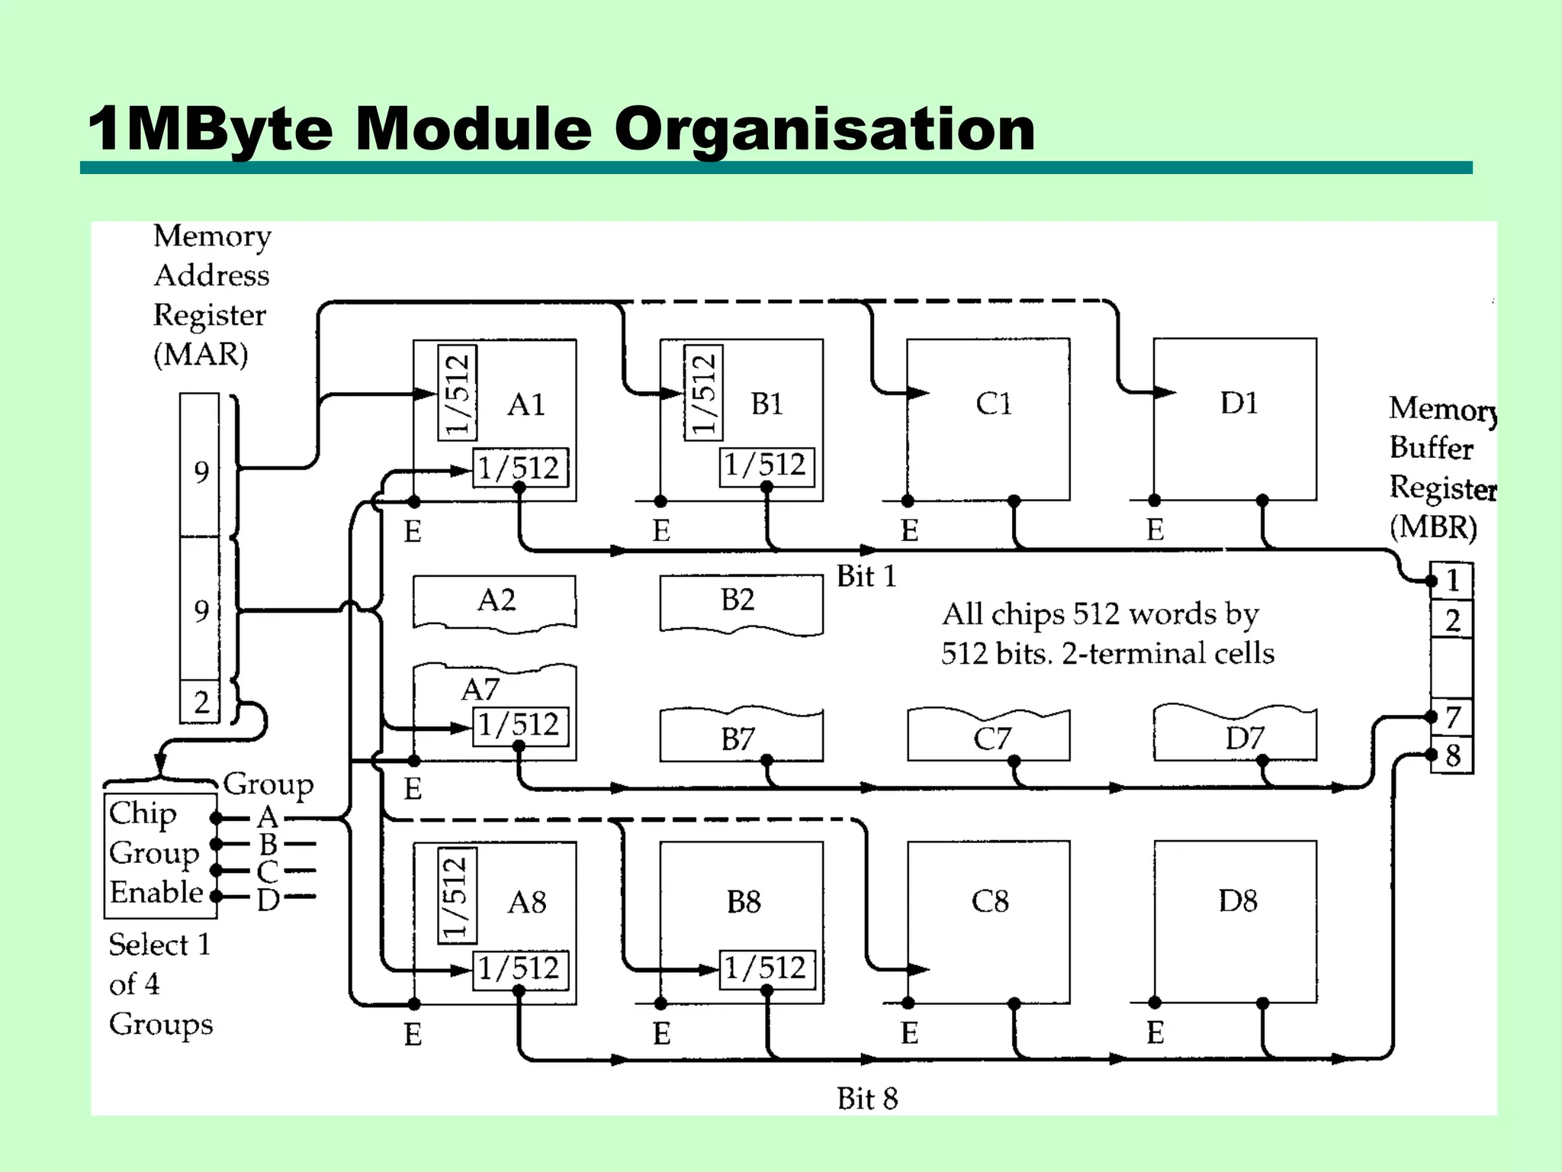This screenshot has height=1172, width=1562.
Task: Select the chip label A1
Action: point(526,404)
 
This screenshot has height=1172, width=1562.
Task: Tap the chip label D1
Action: point(1239,403)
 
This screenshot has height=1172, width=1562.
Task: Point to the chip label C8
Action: point(990,901)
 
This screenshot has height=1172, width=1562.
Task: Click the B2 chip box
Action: point(739,602)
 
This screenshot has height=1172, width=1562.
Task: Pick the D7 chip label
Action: point(1245,738)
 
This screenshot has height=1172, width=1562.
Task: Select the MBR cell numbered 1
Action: point(1453,581)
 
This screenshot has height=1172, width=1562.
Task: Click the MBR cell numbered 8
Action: point(1453,755)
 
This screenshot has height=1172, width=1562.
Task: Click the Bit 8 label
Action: point(867,1099)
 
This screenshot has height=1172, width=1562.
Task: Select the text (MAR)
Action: point(201,355)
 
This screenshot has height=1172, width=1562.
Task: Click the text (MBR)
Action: point(1432,527)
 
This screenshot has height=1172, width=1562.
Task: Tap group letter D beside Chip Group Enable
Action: point(268,900)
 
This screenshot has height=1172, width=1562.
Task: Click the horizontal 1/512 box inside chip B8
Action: point(766,968)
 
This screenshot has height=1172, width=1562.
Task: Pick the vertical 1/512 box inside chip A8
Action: point(456,895)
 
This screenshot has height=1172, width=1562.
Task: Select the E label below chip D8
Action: point(1155,1033)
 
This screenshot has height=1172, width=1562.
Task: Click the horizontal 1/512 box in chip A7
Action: point(519,725)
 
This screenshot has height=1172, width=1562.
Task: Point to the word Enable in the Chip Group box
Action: point(156,892)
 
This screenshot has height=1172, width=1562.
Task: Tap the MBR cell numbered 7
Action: point(1453,717)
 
